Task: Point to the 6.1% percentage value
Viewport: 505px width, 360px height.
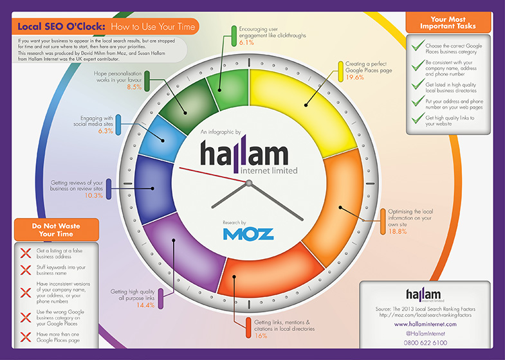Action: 246,42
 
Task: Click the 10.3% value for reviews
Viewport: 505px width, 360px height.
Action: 94,195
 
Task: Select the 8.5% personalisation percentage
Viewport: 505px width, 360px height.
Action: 134,87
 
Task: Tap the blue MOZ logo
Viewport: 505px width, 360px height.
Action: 248,234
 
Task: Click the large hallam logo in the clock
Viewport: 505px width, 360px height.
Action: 248,154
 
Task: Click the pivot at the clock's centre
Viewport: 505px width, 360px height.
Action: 248,183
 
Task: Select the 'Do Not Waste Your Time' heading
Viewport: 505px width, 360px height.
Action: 56,230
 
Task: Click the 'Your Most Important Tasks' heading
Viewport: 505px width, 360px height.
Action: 448,22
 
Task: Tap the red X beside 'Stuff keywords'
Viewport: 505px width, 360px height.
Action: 26,270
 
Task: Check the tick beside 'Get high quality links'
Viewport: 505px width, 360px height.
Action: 418,118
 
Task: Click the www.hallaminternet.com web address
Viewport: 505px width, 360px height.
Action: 425,324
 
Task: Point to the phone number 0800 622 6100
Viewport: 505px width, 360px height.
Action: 425,343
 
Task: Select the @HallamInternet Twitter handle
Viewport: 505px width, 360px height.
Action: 425,334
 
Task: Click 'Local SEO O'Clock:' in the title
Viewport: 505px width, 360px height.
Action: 61,26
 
